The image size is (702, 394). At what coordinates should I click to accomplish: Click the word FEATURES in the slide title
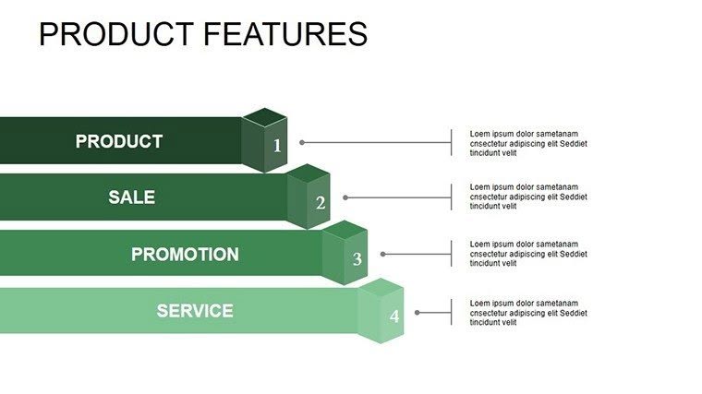click(284, 34)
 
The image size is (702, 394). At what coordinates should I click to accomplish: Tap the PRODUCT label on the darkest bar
click(118, 142)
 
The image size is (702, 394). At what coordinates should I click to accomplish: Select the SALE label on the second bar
click(131, 197)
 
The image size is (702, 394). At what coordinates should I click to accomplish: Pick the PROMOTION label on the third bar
click(185, 255)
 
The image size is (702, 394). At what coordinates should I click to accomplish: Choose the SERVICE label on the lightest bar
click(195, 311)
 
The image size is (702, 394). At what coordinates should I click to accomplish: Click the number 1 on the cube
click(277, 146)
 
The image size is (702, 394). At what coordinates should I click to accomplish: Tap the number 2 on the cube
click(321, 203)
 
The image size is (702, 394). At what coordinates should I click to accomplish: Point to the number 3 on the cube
click(357, 259)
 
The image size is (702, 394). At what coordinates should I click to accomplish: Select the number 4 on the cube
click(394, 316)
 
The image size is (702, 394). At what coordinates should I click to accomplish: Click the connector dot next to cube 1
click(302, 143)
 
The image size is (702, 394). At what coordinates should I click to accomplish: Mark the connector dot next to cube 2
click(345, 197)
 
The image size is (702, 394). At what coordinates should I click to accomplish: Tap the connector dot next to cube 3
click(382, 254)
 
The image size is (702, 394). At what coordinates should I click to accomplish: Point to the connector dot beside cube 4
click(418, 313)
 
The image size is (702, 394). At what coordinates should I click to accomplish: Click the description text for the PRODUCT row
click(528, 143)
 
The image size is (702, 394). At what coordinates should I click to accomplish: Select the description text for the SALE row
click(528, 197)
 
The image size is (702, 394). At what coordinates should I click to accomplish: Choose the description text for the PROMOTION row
click(528, 253)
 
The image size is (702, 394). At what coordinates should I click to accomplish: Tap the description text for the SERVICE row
click(528, 312)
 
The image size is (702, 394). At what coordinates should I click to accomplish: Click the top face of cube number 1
click(265, 117)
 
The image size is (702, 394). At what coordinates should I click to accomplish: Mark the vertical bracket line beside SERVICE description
click(452, 313)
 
